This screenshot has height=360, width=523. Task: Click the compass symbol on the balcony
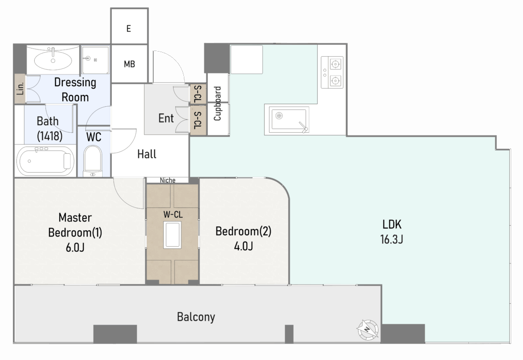pos(368,329)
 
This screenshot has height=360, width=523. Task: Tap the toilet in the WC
pos(92,161)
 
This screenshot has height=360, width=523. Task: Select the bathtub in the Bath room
pos(45,161)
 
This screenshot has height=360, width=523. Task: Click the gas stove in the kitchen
pos(332,73)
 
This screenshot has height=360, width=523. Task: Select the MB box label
pos(129,64)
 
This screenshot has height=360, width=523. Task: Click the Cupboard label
pos(218,103)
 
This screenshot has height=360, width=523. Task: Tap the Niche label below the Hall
pos(168,180)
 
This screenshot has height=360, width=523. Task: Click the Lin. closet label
pos(20,88)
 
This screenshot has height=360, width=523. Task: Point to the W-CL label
pos(173,214)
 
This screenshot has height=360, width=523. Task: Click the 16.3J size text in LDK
pos(392,239)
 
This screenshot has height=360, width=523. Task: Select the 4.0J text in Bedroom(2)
pos(243,246)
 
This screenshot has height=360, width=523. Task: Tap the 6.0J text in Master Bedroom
pos(75,247)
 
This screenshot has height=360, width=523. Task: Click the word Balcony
pos(196,317)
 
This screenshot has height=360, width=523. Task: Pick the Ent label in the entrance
pos(166,118)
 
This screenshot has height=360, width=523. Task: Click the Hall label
pos(147,154)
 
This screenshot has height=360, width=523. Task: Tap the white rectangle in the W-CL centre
pos(172,235)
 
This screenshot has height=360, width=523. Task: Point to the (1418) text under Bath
pos(50,136)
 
